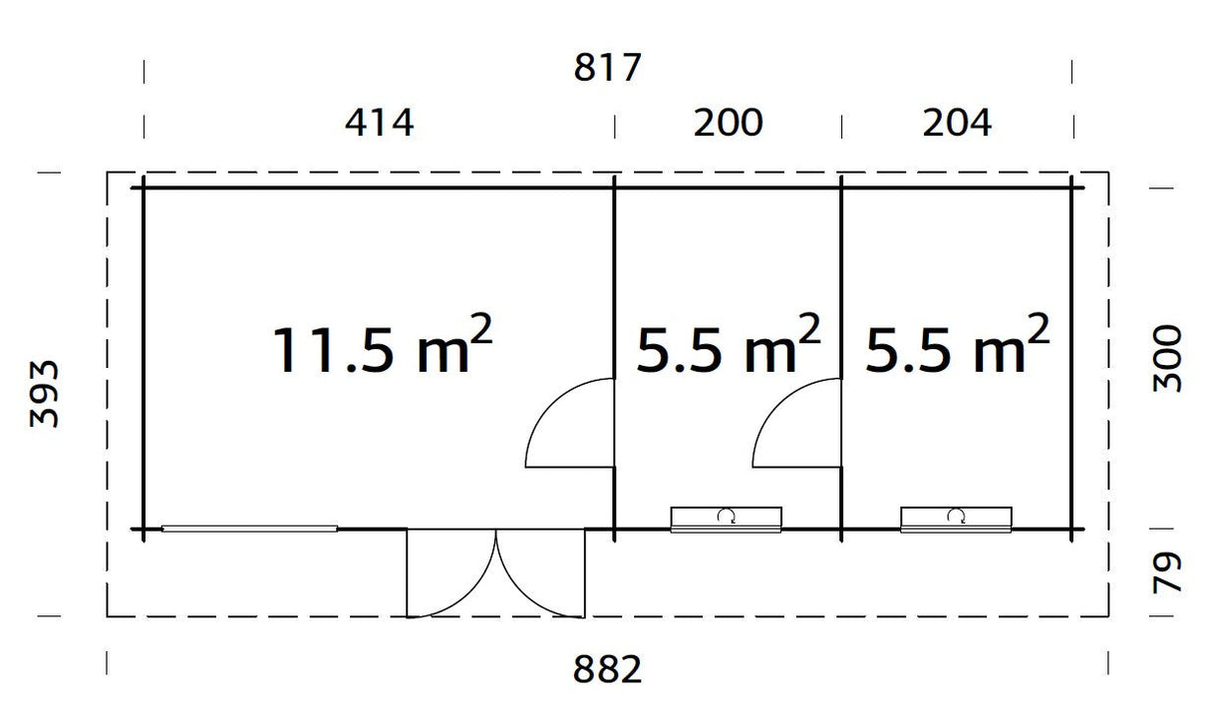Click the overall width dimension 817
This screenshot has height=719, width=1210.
(x=607, y=70)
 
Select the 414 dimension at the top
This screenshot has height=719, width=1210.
(x=379, y=124)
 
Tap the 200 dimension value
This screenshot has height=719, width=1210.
(x=729, y=124)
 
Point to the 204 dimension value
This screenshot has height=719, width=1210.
(x=957, y=124)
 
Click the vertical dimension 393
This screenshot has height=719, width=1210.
(x=45, y=394)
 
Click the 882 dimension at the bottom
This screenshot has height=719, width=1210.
(x=607, y=670)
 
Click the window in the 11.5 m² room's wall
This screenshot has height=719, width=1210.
(x=249, y=529)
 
